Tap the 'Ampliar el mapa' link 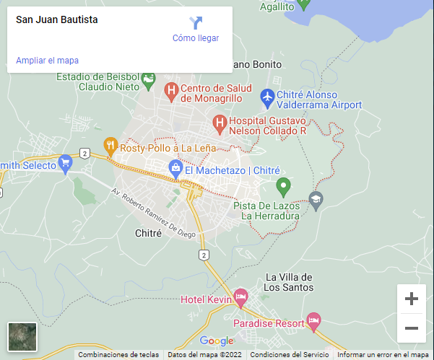pos(47,61)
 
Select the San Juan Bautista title pos(57,19)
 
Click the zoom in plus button pos(412,299)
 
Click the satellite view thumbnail pos(22,337)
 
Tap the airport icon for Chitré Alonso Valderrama pos(267,95)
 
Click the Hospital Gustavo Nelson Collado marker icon pos(220,123)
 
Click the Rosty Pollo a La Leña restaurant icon pos(110,144)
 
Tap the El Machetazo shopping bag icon pos(175,168)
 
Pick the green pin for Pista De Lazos pos(284,186)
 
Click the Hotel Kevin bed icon pos(240,297)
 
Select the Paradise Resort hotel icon pos(313,319)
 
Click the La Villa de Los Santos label pos(290,282)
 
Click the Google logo pos(217,341)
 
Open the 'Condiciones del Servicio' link pos(290,354)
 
